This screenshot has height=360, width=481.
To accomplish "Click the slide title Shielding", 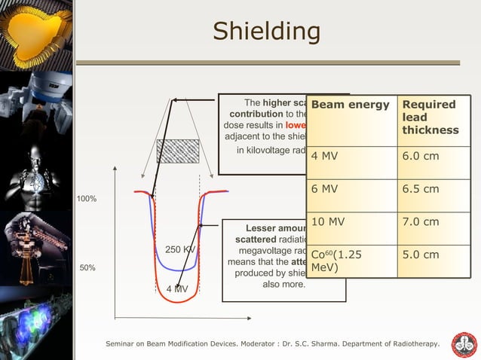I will pos(266,32).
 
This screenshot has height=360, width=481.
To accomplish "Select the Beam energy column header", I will pos(350,104).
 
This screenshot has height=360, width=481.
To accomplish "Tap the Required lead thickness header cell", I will pos(430,117).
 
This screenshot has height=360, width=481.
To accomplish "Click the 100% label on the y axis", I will pos(86,199).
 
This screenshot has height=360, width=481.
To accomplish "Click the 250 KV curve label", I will pos(179,249).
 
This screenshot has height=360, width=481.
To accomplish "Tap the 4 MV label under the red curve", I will pos(177,289).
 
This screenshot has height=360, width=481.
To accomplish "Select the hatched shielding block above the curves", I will pos(178,151).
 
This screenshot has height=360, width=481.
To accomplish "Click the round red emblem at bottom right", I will pos(464,344).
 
